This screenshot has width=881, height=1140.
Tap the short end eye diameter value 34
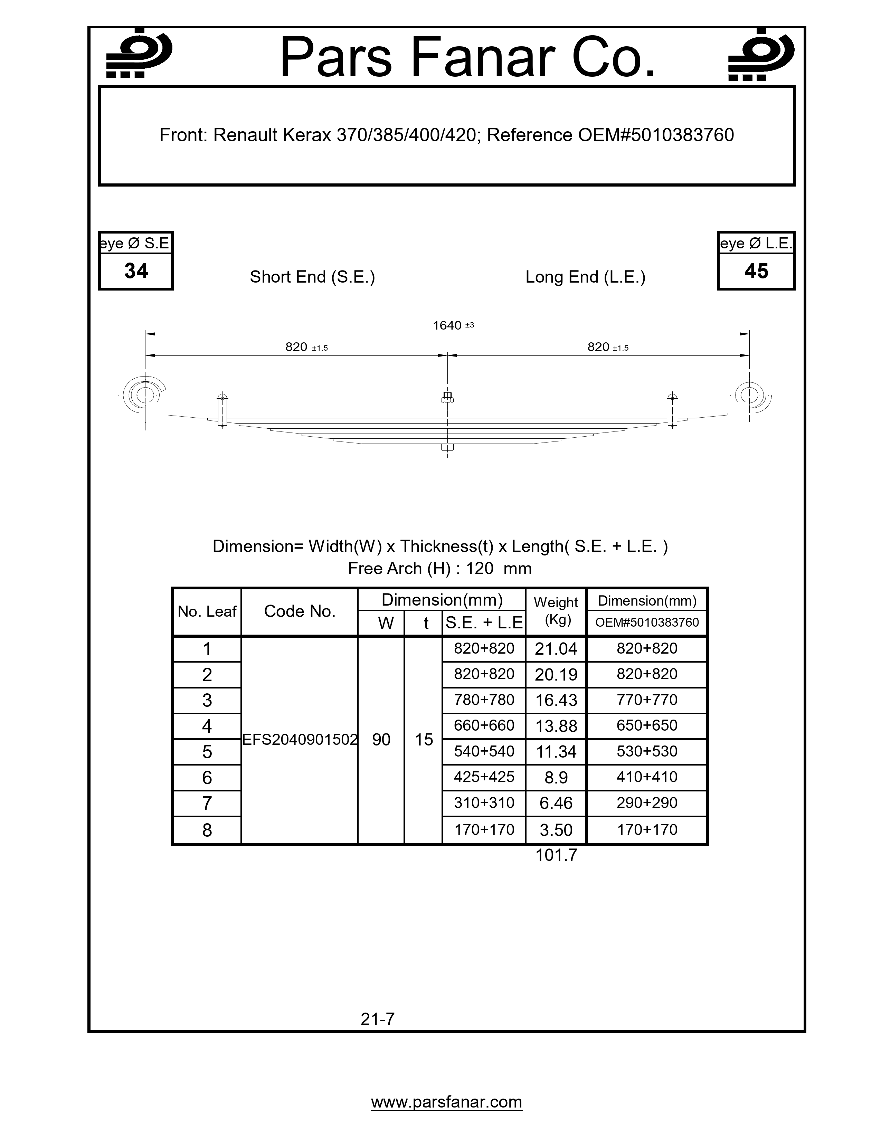[136, 271]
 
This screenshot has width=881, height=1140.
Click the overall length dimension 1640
[448, 326]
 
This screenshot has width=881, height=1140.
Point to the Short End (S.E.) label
[312, 277]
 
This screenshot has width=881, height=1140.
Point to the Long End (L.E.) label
[585, 277]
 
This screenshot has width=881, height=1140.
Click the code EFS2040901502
[300, 740]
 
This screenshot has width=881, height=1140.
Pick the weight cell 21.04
[556, 649]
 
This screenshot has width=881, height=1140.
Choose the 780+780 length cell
[484, 700]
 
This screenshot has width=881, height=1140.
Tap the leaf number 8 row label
[207, 830]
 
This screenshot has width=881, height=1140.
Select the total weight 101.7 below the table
[556, 855]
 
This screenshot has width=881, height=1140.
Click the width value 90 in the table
[381, 740]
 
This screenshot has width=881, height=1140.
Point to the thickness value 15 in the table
[424, 740]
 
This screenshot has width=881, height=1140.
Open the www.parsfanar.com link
[446, 1102]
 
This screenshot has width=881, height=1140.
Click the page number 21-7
[377, 1019]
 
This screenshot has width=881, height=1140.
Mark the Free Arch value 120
[479, 568]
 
